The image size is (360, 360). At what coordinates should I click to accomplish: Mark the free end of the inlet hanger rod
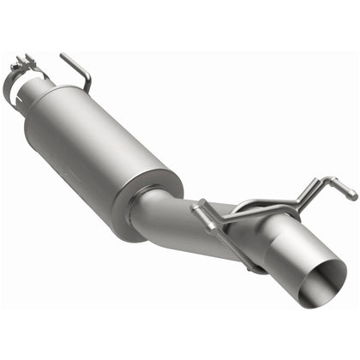pyautogui.click(x=63, y=57)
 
